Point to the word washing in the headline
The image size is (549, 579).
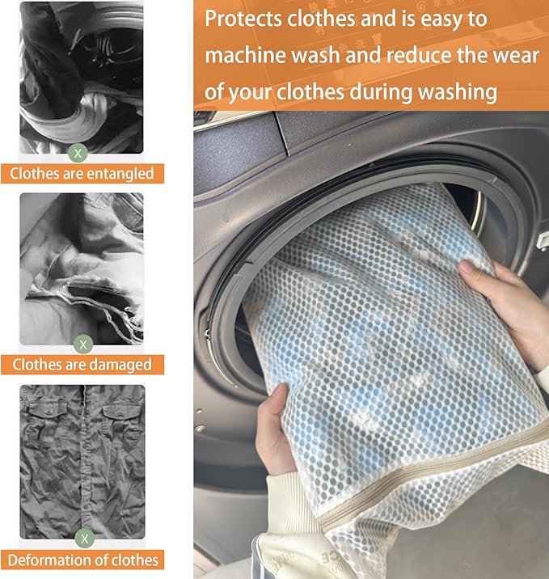coord(457,92)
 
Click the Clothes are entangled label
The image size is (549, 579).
coord(82,173)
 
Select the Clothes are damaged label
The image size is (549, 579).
coord(82,365)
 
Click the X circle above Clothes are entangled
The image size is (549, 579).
coord(78,151)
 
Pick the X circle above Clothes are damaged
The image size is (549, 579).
coord(82,343)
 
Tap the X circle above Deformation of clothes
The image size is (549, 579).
coord(84,537)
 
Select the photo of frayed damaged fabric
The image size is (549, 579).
coord(81,267)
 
